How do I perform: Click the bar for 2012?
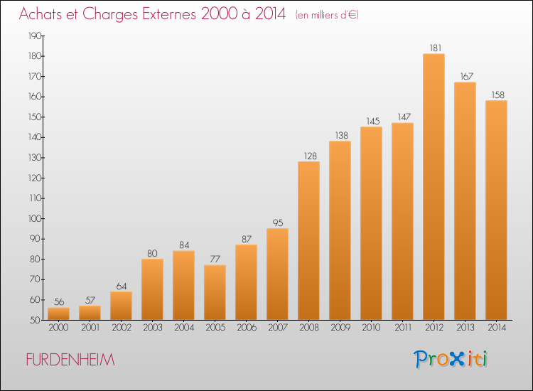click(x=434, y=187)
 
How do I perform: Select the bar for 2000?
click(x=58, y=314)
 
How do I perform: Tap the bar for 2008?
click(x=308, y=241)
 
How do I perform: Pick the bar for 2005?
click(x=215, y=292)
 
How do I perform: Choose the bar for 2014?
click(x=496, y=210)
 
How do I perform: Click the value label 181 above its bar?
click(x=435, y=48)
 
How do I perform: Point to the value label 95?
click(x=278, y=223)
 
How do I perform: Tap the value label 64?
click(x=122, y=286)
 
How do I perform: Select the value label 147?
click(x=404, y=117)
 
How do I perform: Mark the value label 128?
click(x=310, y=156)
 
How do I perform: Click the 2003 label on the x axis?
click(x=153, y=328)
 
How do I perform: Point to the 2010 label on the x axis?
click(x=371, y=328)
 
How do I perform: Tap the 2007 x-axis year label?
click(x=278, y=328)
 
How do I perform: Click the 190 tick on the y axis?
click(x=35, y=36)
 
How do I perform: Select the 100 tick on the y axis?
click(x=35, y=219)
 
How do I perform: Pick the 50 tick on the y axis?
click(x=36, y=320)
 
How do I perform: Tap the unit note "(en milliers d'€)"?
click(x=327, y=15)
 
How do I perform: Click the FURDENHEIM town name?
click(x=70, y=360)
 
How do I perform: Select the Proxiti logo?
click(x=451, y=359)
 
